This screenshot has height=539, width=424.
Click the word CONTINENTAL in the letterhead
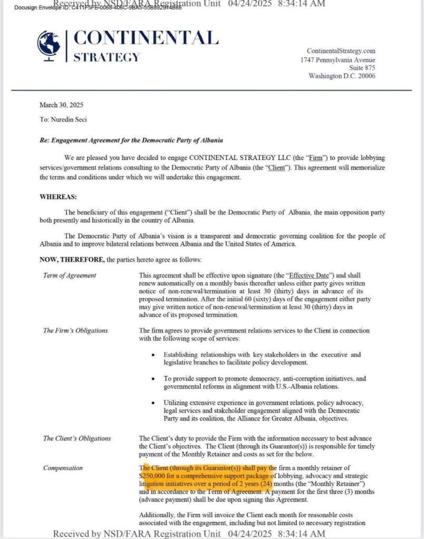(146, 38)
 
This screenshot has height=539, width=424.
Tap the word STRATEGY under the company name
(106, 57)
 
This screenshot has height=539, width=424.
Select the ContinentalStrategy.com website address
(341, 51)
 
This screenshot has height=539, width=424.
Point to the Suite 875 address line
(362, 68)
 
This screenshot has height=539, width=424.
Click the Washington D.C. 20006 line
(342, 76)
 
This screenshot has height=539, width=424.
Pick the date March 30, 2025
(58, 105)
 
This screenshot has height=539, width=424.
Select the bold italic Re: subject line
(131, 141)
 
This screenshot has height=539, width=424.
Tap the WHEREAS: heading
(59, 197)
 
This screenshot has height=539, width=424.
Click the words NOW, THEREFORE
(72, 259)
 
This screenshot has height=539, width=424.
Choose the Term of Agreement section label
(70, 275)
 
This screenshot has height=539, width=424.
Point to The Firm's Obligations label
(75, 331)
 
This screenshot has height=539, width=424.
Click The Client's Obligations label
(77, 438)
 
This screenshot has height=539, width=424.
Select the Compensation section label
(63, 467)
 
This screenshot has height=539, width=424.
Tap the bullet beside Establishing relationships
(152, 355)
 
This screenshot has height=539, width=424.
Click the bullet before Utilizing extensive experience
(152, 403)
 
